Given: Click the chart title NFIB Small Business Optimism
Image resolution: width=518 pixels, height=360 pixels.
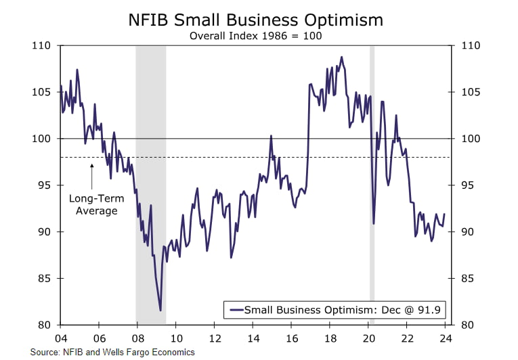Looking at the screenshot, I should (x=256, y=20).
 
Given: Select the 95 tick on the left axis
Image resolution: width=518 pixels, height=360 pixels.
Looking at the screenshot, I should (x=45, y=185).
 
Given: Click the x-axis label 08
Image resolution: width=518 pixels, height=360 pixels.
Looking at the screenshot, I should (x=137, y=338).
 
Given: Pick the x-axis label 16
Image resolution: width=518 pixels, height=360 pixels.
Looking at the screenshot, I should (x=293, y=338).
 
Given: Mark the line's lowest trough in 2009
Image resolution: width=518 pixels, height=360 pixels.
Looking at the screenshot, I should (x=160, y=310).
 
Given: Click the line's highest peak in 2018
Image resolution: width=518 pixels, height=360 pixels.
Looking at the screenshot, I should (x=341, y=57).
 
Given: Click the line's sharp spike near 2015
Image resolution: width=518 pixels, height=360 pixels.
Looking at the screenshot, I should (x=271, y=136).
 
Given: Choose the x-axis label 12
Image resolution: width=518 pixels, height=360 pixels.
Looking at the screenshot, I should (x=215, y=338).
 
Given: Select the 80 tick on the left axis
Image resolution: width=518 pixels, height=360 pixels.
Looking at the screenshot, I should (x=45, y=325).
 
